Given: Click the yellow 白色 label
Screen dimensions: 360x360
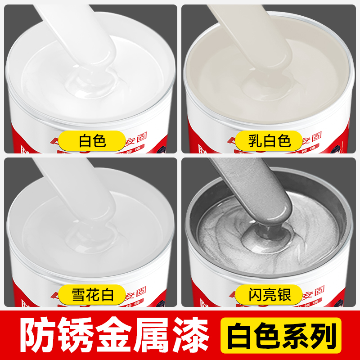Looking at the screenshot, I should pyautogui.click(x=93, y=141).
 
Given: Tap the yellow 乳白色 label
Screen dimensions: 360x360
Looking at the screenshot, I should pyautogui.click(x=269, y=141).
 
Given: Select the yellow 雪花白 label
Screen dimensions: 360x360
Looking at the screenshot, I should pyautogui.click(x=93, y=296).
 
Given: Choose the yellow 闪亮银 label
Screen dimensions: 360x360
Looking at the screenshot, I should pyautogui.click(x=269, y=296).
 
